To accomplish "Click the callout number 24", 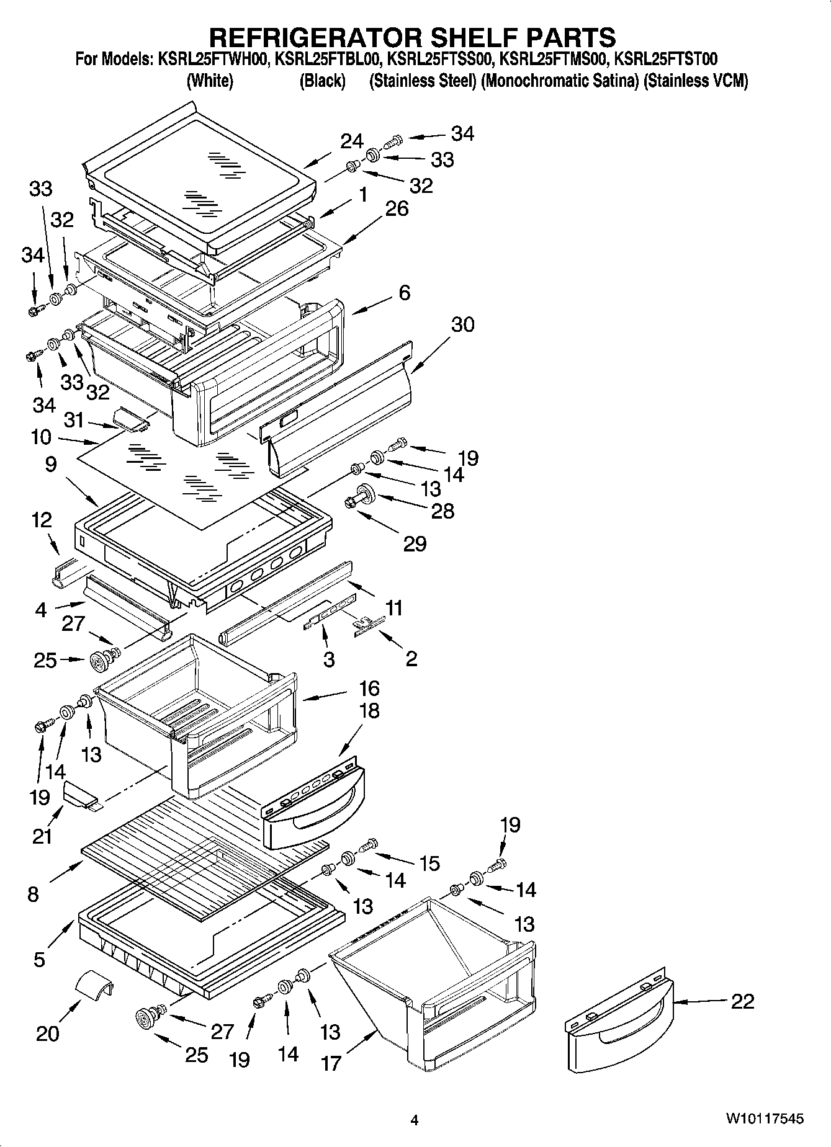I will click(352, 141).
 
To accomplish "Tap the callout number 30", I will click(462, 324).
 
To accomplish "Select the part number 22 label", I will click(743, 1001).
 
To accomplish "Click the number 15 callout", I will click(429, 863).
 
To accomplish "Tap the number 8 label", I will click(33, 894).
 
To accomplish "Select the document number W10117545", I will click(764, 1118).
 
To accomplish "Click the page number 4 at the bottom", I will click(415, 1120).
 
